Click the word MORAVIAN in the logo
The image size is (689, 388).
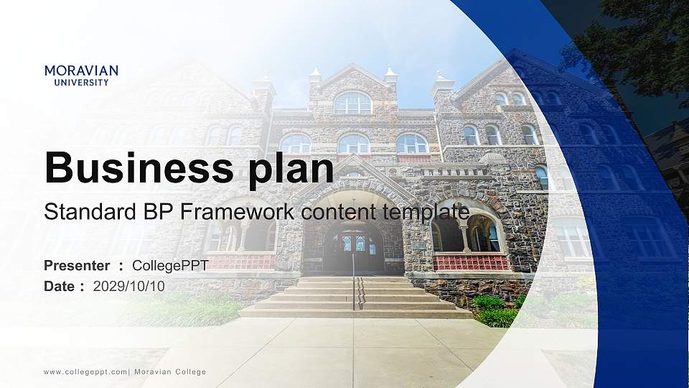pos(81,70)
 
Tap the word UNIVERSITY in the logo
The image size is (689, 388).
pos(81,82)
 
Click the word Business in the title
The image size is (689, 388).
pos(139,167)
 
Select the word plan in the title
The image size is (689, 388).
pos(291,170)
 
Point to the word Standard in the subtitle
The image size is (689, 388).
pos(90,211)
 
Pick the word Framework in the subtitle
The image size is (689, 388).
pos(238,211)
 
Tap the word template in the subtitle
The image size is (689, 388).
pos(426,213)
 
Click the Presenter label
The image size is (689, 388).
pos(77,266)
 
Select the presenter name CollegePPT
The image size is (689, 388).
pos(171,266)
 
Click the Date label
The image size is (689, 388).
pos(60,287)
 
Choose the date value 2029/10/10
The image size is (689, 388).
pos(128,287)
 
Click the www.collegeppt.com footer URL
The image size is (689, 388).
pos(85,372)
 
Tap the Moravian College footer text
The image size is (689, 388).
pos(170,372)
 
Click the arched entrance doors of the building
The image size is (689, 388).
pos(354,248)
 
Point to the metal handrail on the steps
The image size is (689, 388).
pos(354,282)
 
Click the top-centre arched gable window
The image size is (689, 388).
pos(353,103)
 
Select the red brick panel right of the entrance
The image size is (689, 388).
pos(471,263)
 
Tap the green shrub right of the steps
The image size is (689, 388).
pos(497,311)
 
